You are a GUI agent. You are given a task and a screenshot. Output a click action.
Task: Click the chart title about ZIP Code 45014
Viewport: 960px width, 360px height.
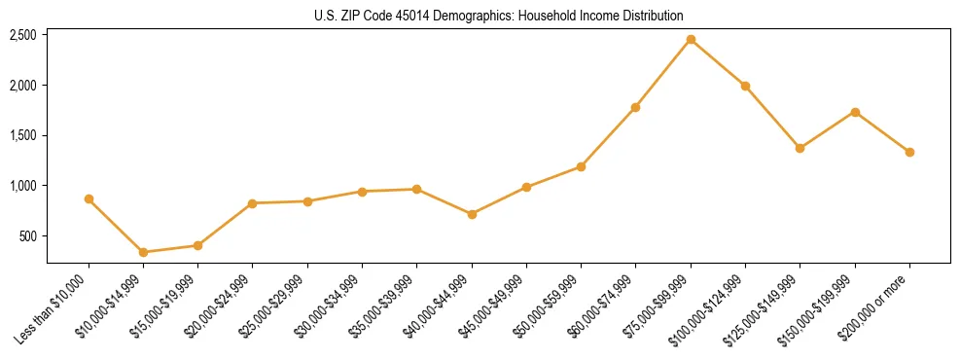point(499,16)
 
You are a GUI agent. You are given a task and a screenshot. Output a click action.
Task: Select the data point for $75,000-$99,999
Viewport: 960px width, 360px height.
point(691,39)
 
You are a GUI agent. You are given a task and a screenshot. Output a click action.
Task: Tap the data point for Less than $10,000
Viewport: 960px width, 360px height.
point(89,198)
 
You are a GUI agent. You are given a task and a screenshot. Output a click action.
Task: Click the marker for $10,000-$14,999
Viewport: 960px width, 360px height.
point(143,252)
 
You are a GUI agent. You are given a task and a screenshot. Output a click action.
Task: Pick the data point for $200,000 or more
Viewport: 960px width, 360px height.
point(909,152)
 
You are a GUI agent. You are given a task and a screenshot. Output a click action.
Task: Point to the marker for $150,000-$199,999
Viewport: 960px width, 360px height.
point(855,112)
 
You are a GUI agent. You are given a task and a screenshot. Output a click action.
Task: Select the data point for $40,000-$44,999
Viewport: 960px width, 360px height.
point(472,214)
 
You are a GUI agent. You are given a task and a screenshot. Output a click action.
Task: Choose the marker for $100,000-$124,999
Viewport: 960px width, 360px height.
point(745,86)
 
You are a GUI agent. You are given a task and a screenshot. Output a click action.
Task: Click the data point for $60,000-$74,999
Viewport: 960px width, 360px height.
point(636,107)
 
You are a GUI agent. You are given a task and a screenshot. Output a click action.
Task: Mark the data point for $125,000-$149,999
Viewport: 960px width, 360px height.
point(800,148)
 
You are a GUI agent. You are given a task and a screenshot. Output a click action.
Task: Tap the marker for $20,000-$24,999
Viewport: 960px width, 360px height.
point(253,203)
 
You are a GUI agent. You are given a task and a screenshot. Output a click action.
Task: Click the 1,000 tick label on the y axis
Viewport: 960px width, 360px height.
point(23,186)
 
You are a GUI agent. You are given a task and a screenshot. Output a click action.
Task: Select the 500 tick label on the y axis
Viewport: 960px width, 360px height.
point(28,236)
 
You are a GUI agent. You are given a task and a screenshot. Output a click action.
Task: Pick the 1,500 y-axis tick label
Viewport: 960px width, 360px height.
point(23,135)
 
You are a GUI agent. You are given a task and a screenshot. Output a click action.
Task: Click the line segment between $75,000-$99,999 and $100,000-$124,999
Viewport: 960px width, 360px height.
point(718,62)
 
